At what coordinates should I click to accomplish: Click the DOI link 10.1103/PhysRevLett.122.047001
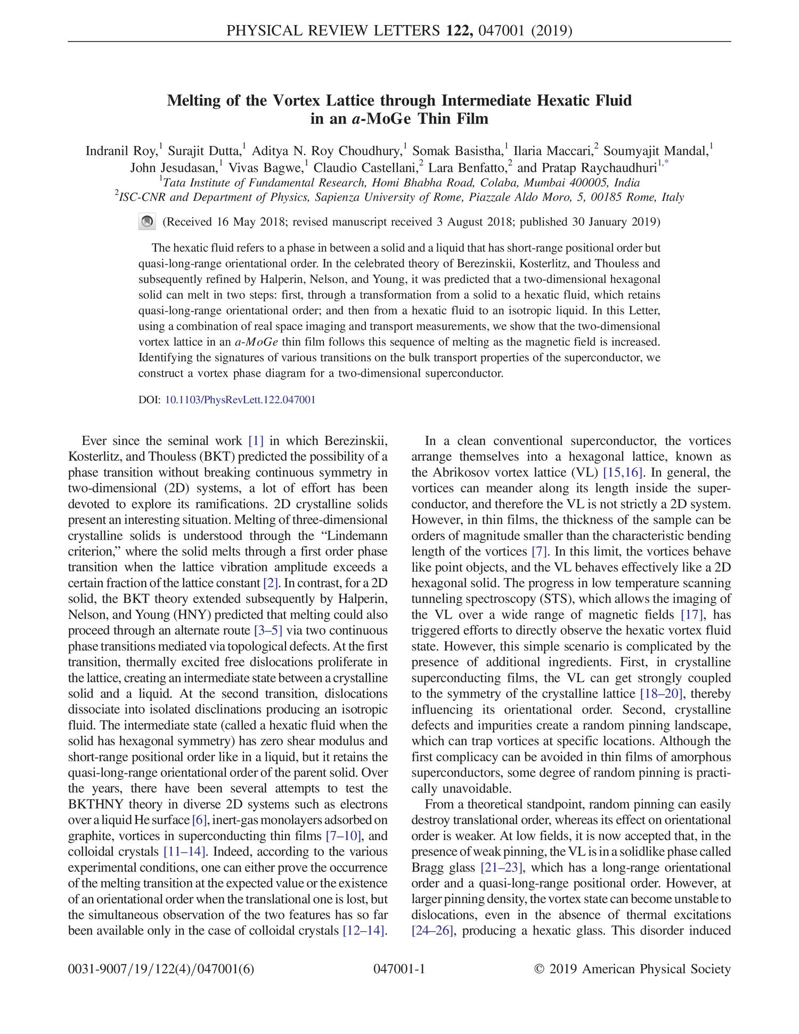240,400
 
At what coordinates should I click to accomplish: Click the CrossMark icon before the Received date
147,222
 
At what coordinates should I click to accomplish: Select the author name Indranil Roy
121,151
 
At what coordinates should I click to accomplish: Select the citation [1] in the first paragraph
256,441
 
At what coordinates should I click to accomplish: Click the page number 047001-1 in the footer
399,969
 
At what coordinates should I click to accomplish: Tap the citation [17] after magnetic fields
693,615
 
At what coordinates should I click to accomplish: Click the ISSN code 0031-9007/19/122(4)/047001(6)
161,969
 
